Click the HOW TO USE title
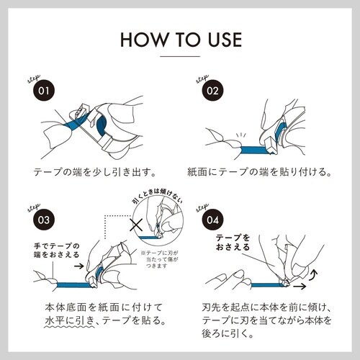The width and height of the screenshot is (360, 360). (x=180, y=39)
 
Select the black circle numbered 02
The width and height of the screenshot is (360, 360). (x=212, y=92)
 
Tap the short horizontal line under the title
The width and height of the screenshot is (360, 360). (x=180, y=55)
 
